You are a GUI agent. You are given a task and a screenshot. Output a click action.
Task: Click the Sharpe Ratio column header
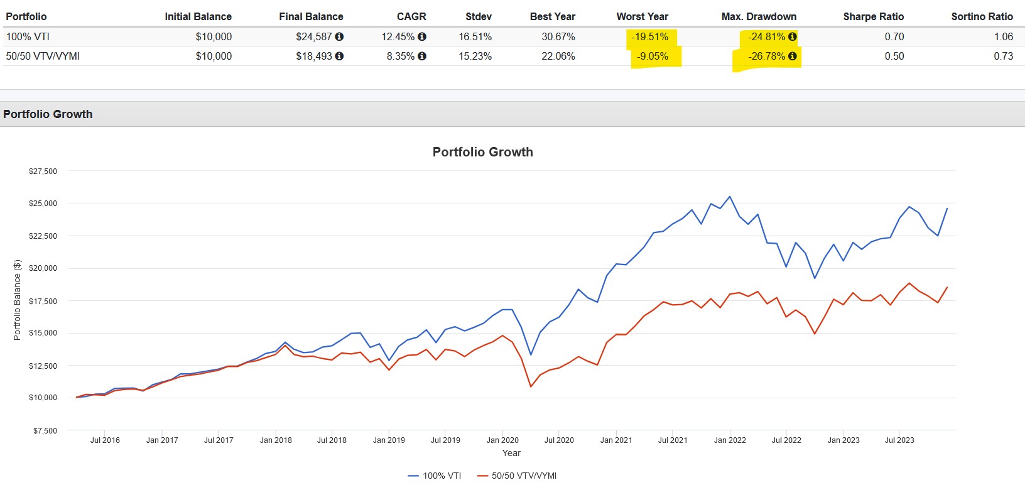click(873, 16)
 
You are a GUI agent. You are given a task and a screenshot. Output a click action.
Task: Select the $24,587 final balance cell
click(313, 36)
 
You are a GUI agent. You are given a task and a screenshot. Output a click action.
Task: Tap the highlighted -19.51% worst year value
click(649, 36)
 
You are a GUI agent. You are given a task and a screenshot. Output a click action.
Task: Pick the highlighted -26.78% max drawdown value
click(766, 56)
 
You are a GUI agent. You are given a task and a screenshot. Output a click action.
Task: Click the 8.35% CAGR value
click(400, 56)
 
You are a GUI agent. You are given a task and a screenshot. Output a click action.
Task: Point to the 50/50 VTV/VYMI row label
click(43, 56)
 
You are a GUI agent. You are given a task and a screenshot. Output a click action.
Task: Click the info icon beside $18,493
click(339, 56)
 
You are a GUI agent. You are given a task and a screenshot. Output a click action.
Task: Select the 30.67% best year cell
click(558, 36)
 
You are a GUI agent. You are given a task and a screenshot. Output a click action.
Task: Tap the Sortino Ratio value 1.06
click(1003, 36)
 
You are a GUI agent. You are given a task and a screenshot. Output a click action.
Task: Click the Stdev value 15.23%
click(475, 56)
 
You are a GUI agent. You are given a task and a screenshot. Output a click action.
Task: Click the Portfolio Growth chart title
click(482, 152)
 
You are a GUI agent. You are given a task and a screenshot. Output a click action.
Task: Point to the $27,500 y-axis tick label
click(43, 171)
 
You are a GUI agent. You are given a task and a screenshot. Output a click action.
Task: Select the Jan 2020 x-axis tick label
click(502, 440)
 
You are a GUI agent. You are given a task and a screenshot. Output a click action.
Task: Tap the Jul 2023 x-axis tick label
click(899, 440)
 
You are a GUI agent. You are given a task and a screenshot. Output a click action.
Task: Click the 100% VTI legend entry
click(435, 476)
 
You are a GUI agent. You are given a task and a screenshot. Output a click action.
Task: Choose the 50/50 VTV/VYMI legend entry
click(517, 476)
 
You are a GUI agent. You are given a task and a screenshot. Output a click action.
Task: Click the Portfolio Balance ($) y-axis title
click(17, 300)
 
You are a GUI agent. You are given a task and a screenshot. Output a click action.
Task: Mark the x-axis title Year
click(511, 453)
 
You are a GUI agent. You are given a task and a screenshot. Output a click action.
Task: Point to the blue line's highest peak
click(729, 197)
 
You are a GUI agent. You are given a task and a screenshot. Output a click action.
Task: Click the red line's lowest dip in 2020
click(531, 386)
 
